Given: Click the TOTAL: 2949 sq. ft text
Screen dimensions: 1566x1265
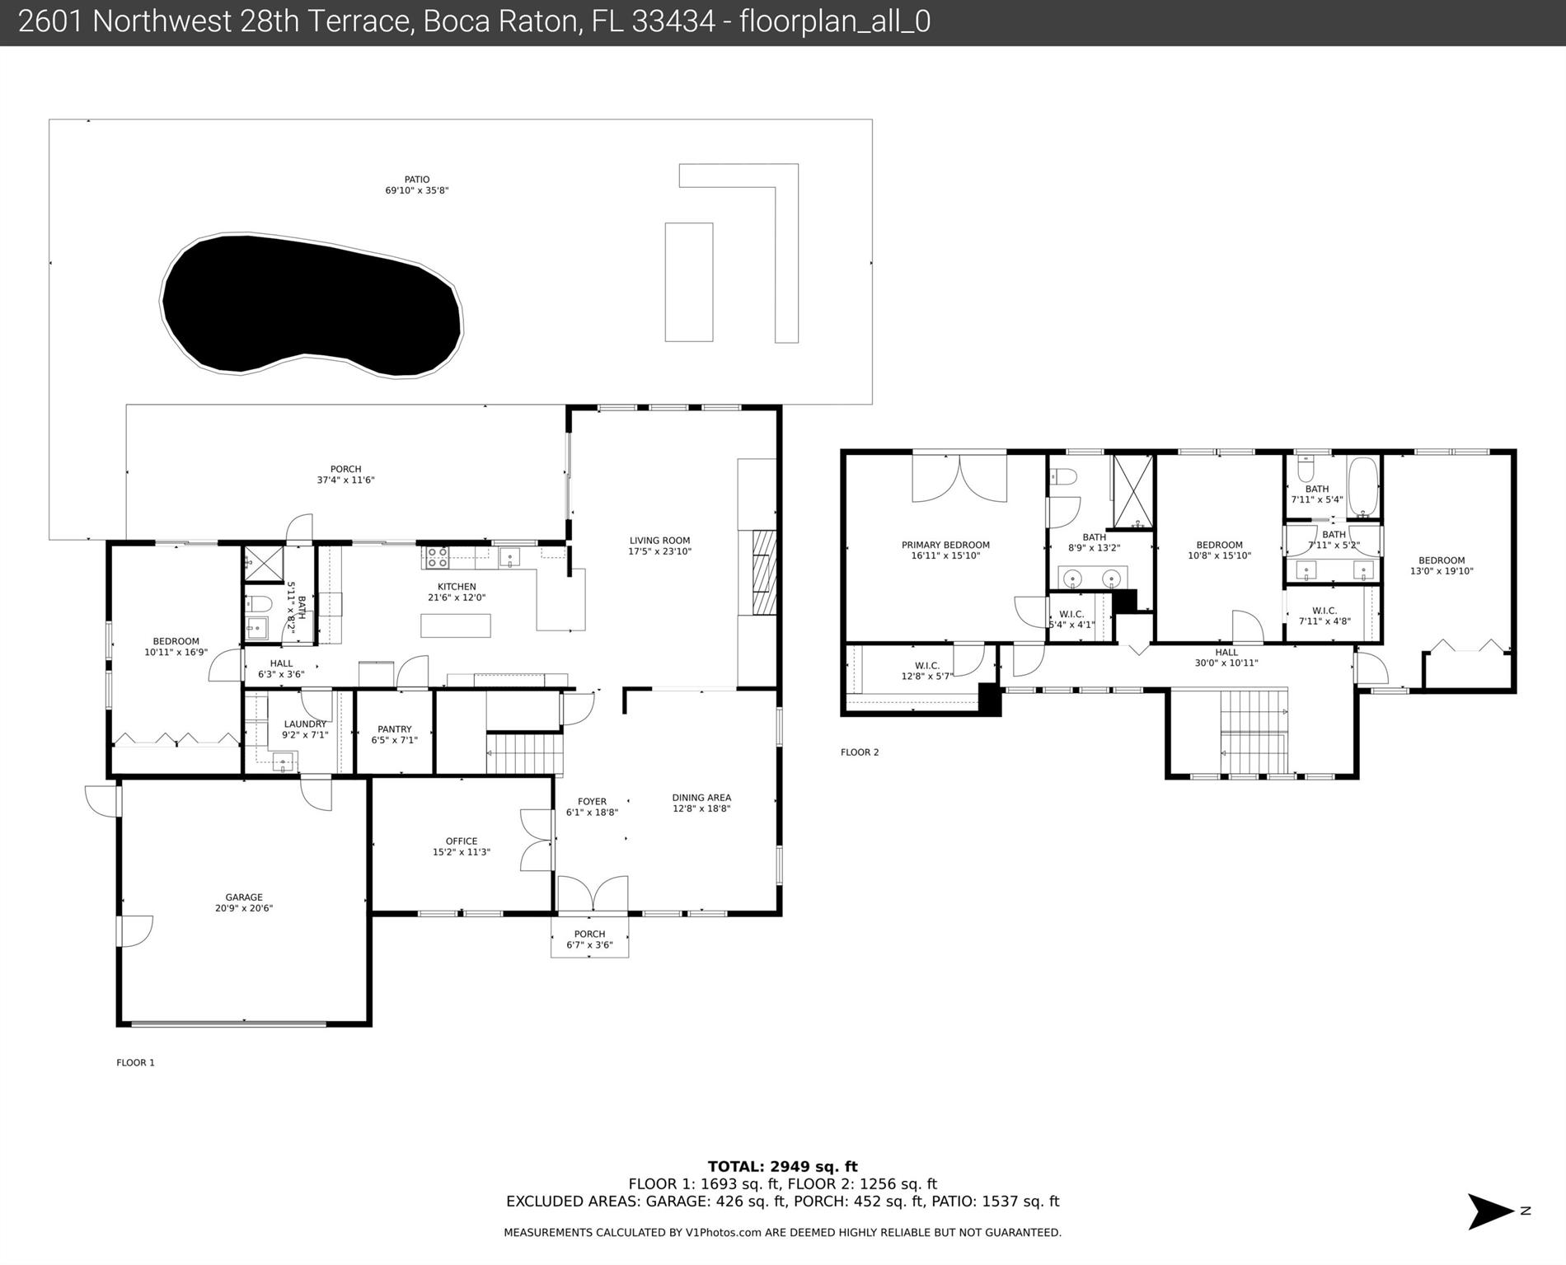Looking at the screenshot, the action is point(782,1166).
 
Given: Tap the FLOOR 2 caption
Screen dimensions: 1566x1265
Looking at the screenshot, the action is point(860,752).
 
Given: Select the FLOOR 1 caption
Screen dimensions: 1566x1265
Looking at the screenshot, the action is point(135,1063).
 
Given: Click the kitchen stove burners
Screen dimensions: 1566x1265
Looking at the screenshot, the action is point(436,558).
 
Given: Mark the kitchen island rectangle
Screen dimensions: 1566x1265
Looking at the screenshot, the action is point(456,625).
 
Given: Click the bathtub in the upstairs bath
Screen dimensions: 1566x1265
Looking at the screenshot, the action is point(1362,486).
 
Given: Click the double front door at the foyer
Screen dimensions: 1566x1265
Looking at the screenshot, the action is point(593,894).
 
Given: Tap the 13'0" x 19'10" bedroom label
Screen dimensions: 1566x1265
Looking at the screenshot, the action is point(1442,565).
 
